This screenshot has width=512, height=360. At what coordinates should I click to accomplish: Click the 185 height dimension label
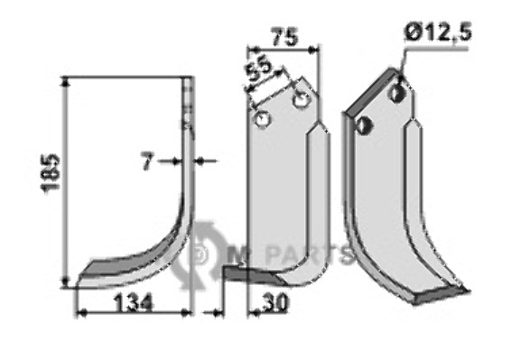point(51,173)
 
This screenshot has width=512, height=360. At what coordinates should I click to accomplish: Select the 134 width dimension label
point(134,303)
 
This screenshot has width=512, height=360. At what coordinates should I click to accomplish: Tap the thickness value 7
point(147,162)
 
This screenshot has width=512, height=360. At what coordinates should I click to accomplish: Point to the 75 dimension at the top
point(285,37)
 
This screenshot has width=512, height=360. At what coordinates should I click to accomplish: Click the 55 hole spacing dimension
point(258,69)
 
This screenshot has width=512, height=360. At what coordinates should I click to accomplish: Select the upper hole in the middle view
point(301,99)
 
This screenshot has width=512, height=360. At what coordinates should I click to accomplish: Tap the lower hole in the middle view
point(263,119)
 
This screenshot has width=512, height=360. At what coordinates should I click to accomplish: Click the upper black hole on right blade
point(396,94)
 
